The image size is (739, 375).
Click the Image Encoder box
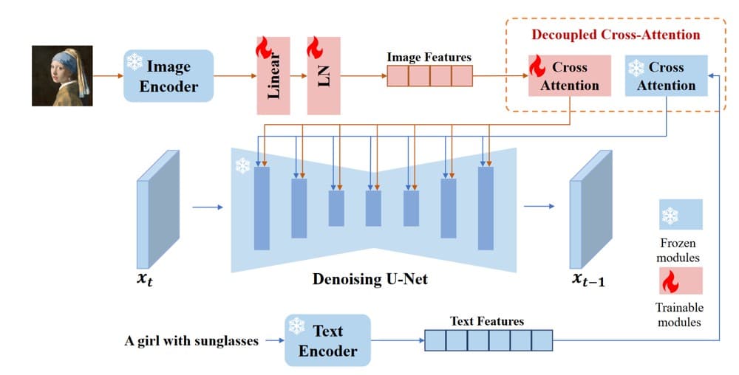coord(168,76)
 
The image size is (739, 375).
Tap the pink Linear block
coord(273,75)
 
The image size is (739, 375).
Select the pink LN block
coord(324,75)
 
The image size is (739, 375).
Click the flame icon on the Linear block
coord(263,49)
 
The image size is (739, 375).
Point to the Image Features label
coord(429,57)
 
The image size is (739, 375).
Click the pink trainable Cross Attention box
coord(569,75)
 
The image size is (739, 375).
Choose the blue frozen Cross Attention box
coord(666,75)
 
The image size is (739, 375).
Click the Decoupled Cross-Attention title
coord(616,35)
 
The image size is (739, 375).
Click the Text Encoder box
coord(327,340)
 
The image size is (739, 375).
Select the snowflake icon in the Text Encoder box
coord(297,325)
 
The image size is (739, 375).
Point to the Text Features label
coord(487,321)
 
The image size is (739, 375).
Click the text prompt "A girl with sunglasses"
coord(191,341)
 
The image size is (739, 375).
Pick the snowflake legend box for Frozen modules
coord(681,215)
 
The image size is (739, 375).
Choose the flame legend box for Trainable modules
coord(681,281)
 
